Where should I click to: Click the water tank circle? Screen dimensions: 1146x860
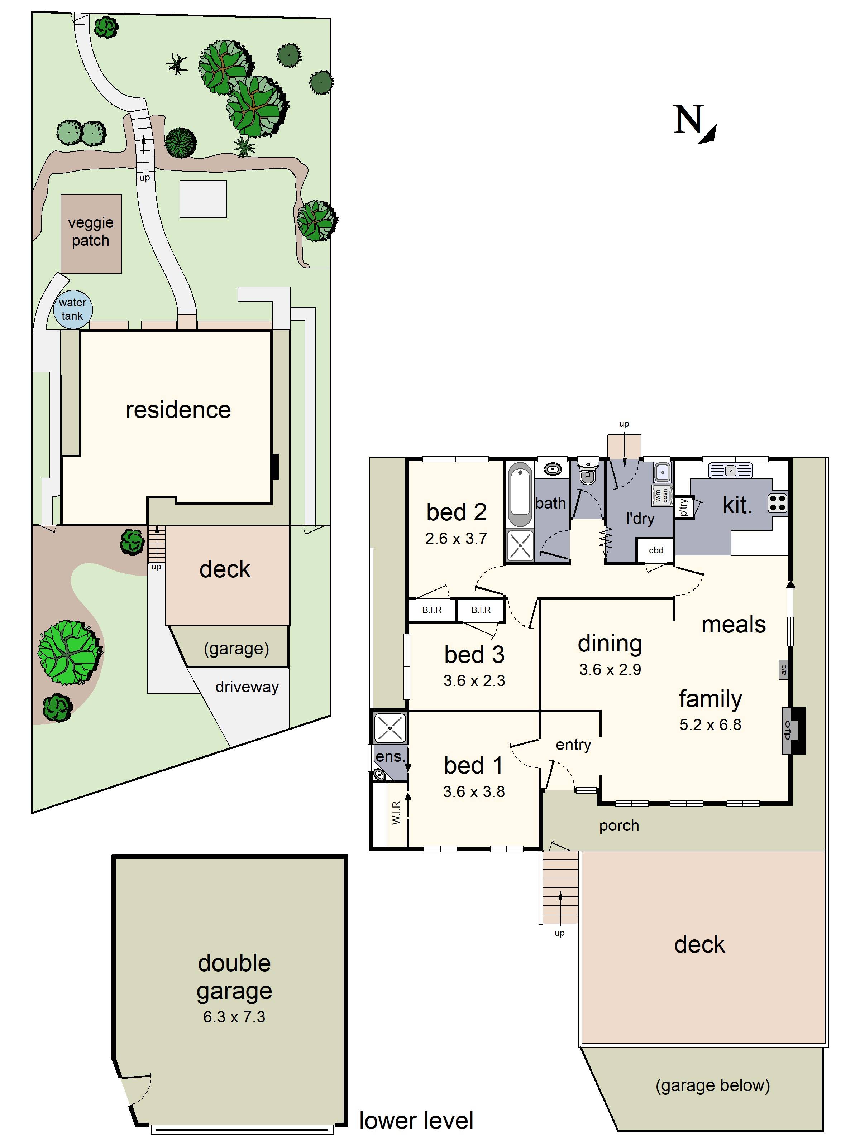click(x=73, y=309)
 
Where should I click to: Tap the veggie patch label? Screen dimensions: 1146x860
click(x=91, y=232)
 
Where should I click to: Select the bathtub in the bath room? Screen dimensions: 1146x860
click(x=520, y=495)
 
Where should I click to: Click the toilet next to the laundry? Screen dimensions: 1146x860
click(x=587, y=471)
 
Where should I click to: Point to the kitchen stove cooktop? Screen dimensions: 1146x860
click(x=777, y=502)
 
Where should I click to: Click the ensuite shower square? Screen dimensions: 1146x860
click(x=389, y=727)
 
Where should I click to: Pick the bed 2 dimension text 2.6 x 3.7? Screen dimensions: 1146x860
click(x=456, y=539)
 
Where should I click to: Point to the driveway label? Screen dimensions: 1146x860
click(x=247, y=687)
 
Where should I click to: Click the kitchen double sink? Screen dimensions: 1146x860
click(x=730, y=471)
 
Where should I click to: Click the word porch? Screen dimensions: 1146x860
click(x=619, y=826)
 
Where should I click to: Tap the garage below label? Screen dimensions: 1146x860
click(x=712, y=1085)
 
